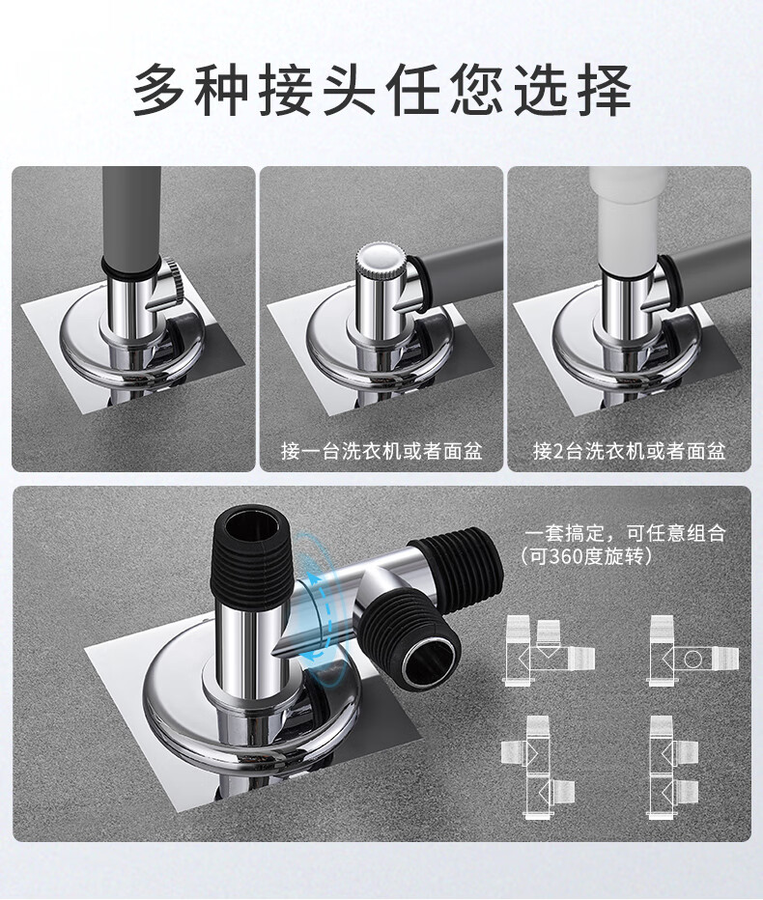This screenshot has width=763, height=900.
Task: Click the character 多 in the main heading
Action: pyautogui.click(x=159, y=91)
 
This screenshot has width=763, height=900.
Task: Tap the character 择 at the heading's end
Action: pyautogui.click(x=604, y=91)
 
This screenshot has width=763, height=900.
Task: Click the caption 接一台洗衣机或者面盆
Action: pyautogui.click(x=381, y=451)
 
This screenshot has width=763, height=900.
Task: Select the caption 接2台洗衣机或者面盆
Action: pyautogui.click(x=629, y=451)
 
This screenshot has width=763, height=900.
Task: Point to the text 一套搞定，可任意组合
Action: pyautogui.click(x=625, y=533)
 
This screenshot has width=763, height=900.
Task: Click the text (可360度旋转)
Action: pyautogui.click(x=586, y=556)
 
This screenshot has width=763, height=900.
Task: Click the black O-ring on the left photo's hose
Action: pyautogui.click(x=131, y=267)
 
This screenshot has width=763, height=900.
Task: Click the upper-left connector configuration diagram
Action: pyautogui.click(x=549, y=650)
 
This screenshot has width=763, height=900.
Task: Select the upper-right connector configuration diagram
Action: pyautogui.click(x=692, y=650)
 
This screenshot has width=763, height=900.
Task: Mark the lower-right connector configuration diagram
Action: pyautogui.click(x=674, y=768)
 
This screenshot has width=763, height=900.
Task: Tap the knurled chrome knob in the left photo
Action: pyautogui.click(x=175, y=281)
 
